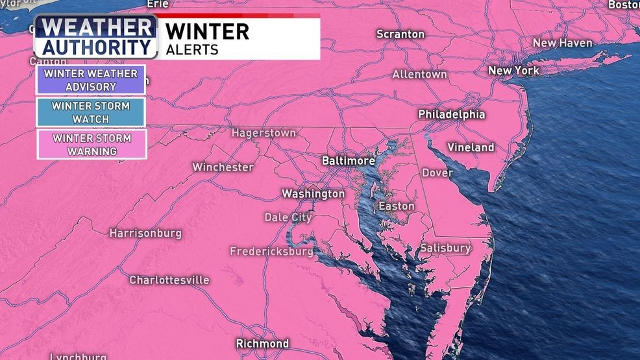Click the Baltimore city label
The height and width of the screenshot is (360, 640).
coord(349,160)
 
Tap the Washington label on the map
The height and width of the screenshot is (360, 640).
coord(313,193)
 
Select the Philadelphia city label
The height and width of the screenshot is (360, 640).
coord(451,114)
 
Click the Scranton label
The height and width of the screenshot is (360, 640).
coord(400,34)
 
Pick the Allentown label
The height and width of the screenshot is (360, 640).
coord(419,75)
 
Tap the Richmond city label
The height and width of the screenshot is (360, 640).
coord(262,343)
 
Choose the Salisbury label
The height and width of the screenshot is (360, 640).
coord(445,248)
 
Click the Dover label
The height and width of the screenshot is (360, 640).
coord(437,173)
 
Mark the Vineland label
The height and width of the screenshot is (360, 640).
coord(471,147)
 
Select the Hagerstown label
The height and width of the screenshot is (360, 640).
coord(264,133)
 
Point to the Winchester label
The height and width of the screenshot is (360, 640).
coord(223,167)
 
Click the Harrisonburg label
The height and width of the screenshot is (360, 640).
coord(145,233)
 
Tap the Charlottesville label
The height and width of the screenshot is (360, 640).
coord(169,280)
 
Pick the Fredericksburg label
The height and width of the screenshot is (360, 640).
coord(271,251)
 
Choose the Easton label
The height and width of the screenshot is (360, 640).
coord(396,206)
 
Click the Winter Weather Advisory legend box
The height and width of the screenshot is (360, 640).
coord(91,80)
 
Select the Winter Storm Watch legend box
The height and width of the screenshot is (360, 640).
coord(91,113)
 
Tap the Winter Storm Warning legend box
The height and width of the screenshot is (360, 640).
coord(91,145)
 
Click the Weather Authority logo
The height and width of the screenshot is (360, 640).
coord(96,37)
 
